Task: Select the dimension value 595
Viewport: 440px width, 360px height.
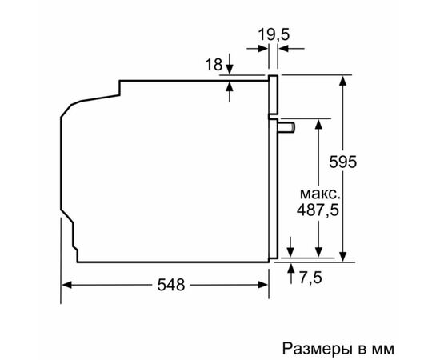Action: pyautogui.click(x=343, y=160)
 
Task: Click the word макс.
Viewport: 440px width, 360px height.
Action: pyautogui.click(x=318, y=194)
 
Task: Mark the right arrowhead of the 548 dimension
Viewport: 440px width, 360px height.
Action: pyautogui.click(x=263, y=284)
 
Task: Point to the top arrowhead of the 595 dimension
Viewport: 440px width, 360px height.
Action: pyautogui.click(x=345, y=81)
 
